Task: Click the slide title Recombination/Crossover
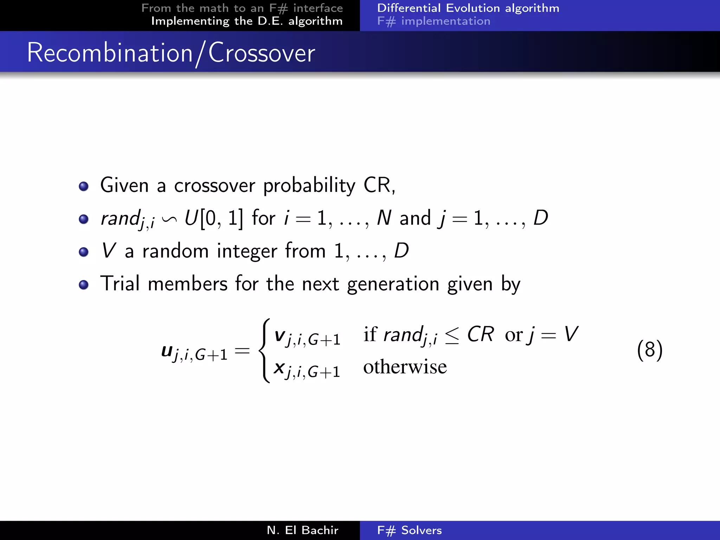pyautogui.click(x=171, y=53)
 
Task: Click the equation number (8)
pyautogui.click(x=650, y=350)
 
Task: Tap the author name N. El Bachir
pyautogui.click(x=302, y=530)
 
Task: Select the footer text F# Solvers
pyautogui.click(x=409, y=530)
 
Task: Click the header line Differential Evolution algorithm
pyautogui.click(x=468, y=8)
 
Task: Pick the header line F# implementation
pyautogui.click(x=433, y=21)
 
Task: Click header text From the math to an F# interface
pyautogui.click(x=242, y=8)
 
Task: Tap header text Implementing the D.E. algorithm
pyautogui.click(x=247, y=21)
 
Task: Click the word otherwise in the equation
pyautogui.click(x=405, y=367)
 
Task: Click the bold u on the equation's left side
pyautogui.click(x=167, y=351)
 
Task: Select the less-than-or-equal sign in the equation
pyautogui.click(x=452, y=336)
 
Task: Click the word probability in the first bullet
pyautogui.click(x=309, y=185)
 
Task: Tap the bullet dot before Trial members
pyautogui.click(x=84, y=284)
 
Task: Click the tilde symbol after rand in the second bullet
pyautogui.click(x=169, y=219)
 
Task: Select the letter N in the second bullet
pyautogui.click(x=384, y=218)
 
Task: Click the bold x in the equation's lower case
pyautogui.click(x=279, y=368)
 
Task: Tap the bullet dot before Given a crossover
pyautogui.click(x=84, y=186)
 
